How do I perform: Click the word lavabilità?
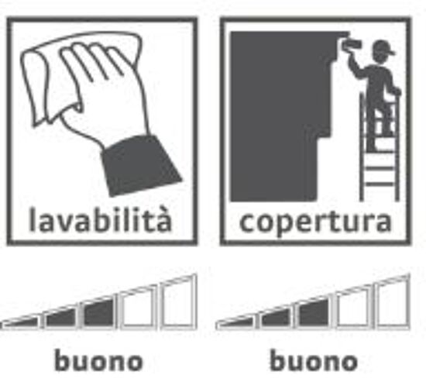(100, 219)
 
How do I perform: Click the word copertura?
(315, 222)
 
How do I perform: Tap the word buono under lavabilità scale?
(98, 360)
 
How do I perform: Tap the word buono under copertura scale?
(314, 360)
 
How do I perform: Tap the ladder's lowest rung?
(380, 184)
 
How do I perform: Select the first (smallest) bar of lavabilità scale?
(20, 322)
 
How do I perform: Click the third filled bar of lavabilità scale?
(98, 312)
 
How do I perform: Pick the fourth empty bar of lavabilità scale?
(138, 308)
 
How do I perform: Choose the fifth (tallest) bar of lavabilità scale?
(178, 302)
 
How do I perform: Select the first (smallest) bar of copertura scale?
(235, 323)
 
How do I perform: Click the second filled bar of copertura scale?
(275, 318)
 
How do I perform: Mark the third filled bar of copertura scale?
(313, 312)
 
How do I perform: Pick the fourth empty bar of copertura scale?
(353, 308)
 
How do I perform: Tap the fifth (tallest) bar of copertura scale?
(392, 302)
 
